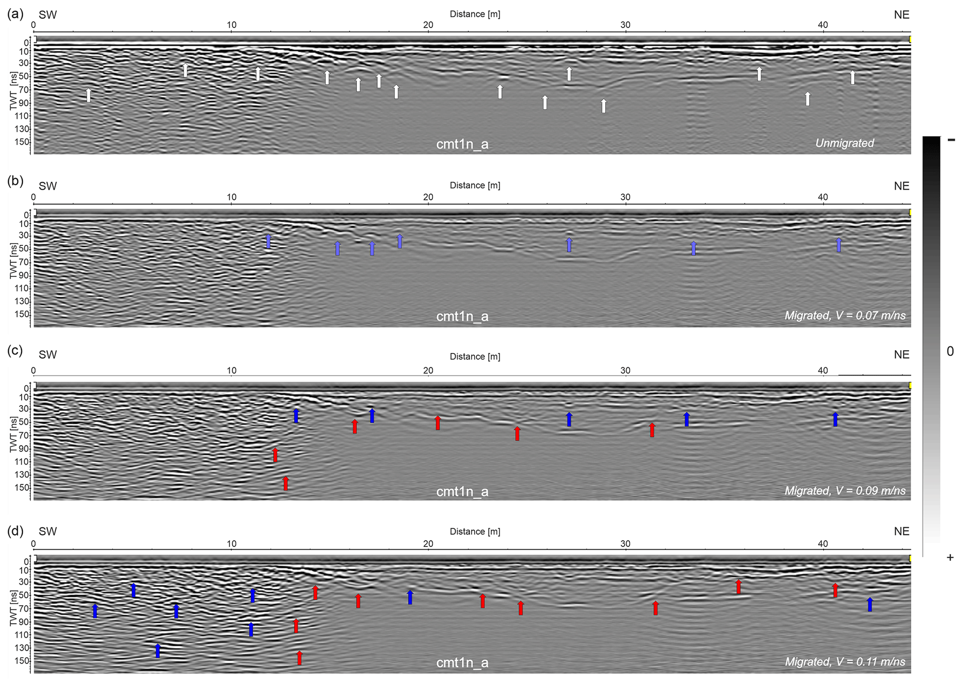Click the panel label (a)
coord(15,14)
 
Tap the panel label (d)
coord(15,531)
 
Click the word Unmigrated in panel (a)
coord(844,143)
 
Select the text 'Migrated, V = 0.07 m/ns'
coord(845,316)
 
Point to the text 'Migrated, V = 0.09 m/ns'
coord(845,491)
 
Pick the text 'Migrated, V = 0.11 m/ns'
coord(845,662)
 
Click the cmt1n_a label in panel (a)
coord(462,144)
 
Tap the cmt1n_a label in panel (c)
coord(462,492)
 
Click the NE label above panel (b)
coord(901,186)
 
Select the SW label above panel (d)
coord(48,531)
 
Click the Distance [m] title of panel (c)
coord(475,357)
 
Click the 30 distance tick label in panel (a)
coord(625,25)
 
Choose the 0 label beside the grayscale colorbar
coord(950,351)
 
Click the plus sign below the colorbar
coord(950,557)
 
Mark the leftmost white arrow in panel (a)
coord(89,95)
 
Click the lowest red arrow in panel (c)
coord(286,483)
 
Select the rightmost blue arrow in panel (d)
coord(870,604)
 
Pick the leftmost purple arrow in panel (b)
coord(268,241)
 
